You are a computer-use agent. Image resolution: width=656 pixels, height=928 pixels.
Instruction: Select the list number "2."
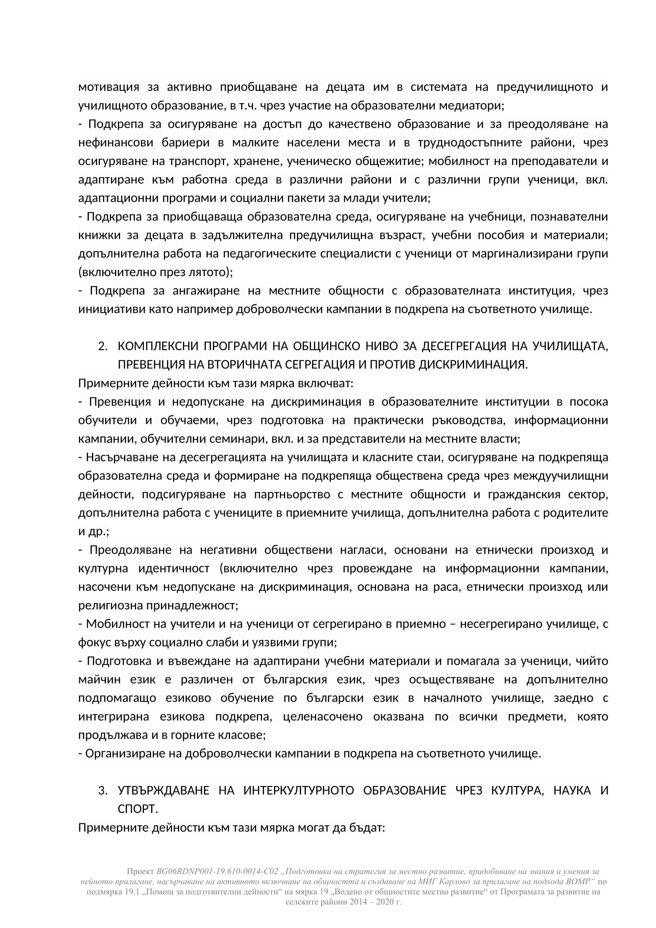click(103, 346)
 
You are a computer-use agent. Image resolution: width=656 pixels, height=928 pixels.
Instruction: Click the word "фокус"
click(92, 643)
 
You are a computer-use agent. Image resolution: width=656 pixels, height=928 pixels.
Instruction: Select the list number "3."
click(103, 791)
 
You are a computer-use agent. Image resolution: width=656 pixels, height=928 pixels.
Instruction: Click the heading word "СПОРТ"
click(136, 809)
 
